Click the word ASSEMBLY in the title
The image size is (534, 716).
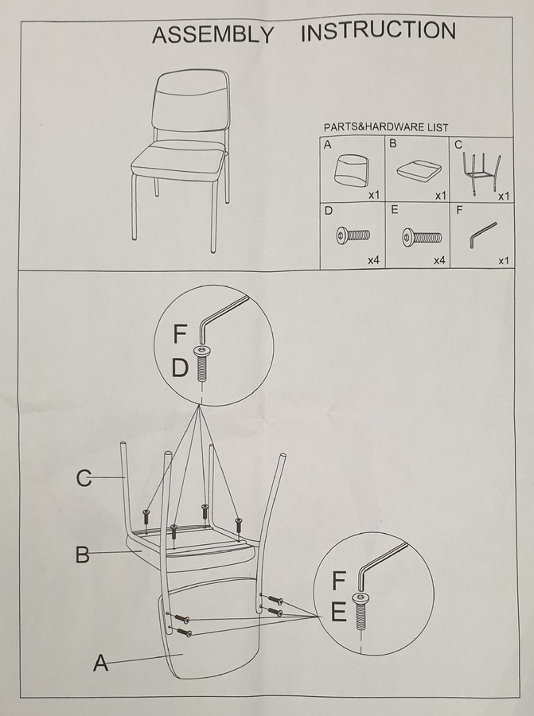(212, 35)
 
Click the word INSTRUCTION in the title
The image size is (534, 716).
(378, 31)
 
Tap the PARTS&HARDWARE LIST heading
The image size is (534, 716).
(386, 127)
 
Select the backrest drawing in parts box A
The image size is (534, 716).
(352, 170)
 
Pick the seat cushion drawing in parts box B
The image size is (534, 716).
(419, 170)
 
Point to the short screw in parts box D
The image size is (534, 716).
(353, 235)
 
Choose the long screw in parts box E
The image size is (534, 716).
(422, 237)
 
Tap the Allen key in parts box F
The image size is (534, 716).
(482, 234)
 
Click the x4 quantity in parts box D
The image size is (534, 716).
(374, 261)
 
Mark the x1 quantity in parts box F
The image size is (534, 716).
(503, 261)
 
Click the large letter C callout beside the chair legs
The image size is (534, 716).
(84, 478)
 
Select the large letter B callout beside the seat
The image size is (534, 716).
(82, 554)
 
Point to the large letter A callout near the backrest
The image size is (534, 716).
(101, 663)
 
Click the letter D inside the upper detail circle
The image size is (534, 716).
(180, 368)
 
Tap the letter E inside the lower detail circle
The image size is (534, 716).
(338, 612)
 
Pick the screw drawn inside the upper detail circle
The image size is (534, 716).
(201, 364)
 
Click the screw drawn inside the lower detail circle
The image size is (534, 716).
(361, 611)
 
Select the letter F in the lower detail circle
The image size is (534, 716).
(338, 580)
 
